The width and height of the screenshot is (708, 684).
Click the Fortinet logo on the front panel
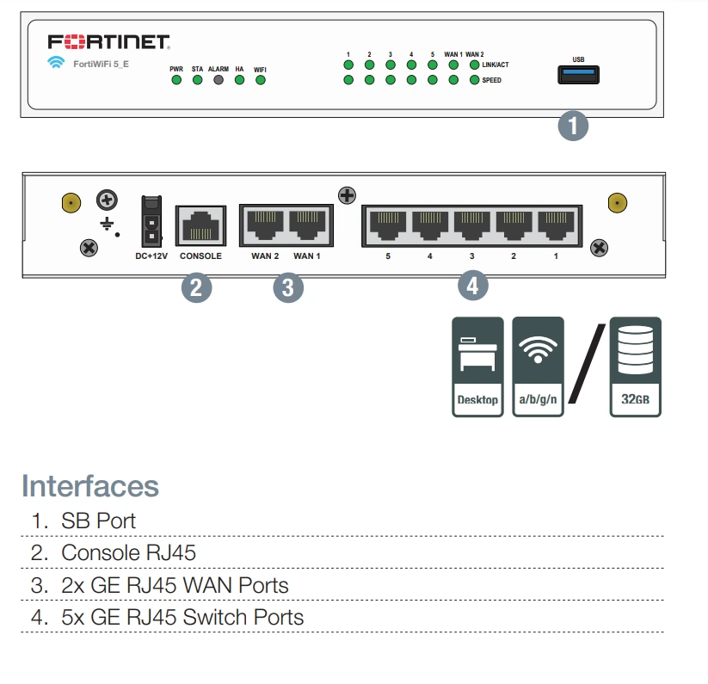tap(108, 42)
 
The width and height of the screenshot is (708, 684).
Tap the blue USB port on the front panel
tap(578, 76)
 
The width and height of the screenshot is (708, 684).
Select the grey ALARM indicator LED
tap(219, 80)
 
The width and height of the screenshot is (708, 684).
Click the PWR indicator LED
tap(176, 80)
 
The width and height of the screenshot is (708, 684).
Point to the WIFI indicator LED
tap(260, 80)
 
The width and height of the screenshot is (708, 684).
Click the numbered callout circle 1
tap(573, 126)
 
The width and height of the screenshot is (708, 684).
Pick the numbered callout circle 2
tap(196, 287)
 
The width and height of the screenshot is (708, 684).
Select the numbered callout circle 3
tap(288, 287)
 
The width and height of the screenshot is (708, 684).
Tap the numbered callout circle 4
tap(472, 285)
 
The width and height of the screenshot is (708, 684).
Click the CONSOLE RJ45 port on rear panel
tap(200, 227)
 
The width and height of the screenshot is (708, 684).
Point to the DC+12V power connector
tap(151, 222)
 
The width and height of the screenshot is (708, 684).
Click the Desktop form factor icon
tap(477, 367)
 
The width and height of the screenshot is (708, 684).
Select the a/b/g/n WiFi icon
tap(538, 367)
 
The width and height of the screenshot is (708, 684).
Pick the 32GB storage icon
tap(635, 367)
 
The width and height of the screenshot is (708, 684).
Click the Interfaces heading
tap(90, 486)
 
